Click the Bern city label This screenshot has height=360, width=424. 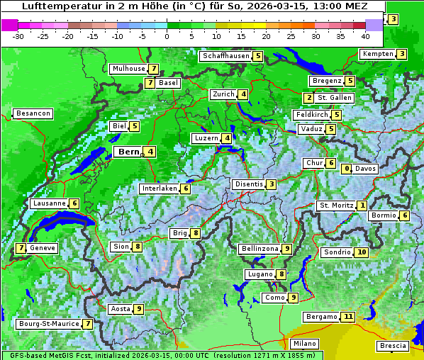click(129, 152)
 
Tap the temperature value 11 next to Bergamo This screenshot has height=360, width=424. click(347, 317)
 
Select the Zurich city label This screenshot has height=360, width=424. click(223, 94)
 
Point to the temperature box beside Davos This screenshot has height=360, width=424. click(347, 169)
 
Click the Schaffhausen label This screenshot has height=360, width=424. click(225, 56)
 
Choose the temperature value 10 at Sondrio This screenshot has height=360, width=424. click(362, 252)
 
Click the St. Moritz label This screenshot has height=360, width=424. click(336, 206)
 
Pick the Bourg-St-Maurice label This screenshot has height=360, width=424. click(48, 324)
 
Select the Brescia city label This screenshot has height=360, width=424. click(394, 346)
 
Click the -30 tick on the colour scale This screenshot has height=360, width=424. click(18, 35)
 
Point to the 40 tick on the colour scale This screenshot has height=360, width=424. click(365, 35)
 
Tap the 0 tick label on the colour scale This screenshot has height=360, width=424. click(167, 35)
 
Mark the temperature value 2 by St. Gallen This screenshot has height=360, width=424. click(308, 98)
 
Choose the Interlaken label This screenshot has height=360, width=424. click(159, 189)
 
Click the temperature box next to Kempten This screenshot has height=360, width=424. click(401, 54)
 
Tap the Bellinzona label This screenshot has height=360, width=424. click(259, 249)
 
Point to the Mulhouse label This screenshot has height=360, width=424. click(128, 69)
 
